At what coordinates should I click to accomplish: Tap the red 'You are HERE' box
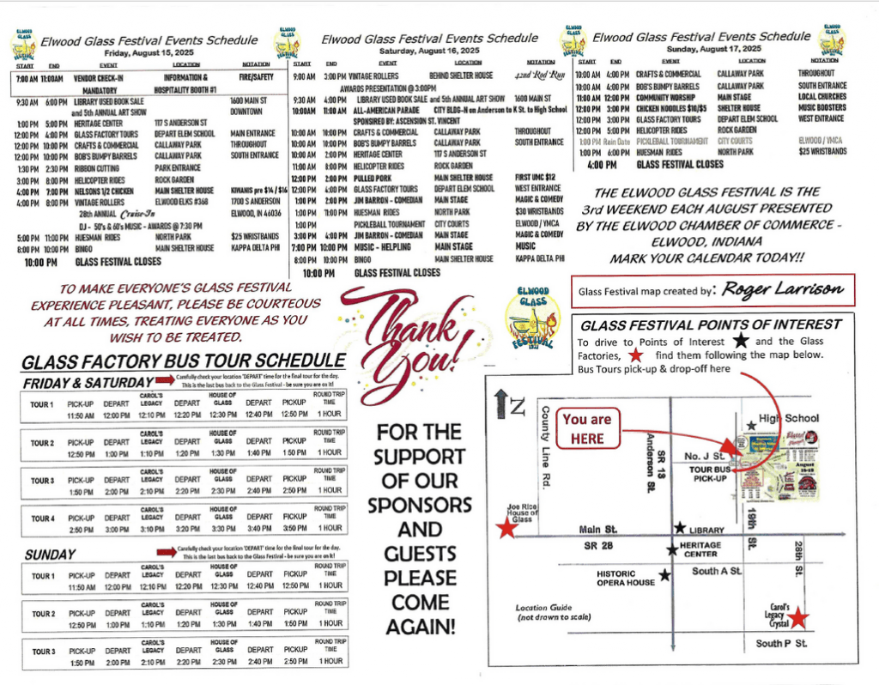coord(588,428)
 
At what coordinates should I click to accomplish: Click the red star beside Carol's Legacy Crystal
coord(799,617)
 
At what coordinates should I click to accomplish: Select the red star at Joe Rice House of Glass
coord(507,528)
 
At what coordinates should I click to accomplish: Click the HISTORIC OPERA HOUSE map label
coord(626,579)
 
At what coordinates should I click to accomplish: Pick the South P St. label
coord(781,643)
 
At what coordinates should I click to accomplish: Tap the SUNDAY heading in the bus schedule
coord(51,554)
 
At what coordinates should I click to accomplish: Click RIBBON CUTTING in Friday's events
coord(99,167)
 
